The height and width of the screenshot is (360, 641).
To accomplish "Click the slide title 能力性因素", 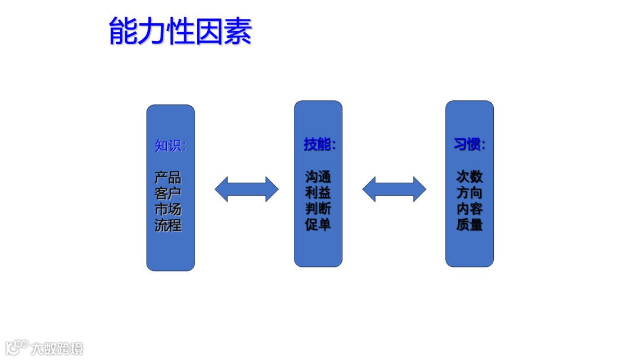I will tap(180, 31).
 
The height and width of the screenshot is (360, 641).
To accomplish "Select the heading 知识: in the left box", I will tap(170, 146).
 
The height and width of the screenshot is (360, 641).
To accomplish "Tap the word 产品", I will tap(168, 178).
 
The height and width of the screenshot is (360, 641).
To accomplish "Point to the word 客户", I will tap(168, 194).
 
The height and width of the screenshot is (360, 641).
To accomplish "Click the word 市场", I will tap(168, 210).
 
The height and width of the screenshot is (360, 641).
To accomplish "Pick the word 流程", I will tap(168, 226).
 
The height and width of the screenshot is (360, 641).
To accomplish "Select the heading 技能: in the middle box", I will tap(319, 145).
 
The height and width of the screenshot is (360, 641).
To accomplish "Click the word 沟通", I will tap(318, 177).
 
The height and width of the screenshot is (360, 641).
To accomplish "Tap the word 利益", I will tap(318, 193).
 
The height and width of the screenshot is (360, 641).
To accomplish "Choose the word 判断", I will tap(318, 209).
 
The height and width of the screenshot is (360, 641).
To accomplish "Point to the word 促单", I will tap(318, 225).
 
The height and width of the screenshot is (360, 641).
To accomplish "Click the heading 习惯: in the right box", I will tap(469, 145).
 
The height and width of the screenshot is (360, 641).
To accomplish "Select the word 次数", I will tap(469, 177).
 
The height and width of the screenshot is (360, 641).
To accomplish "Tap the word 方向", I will tap(469, 193).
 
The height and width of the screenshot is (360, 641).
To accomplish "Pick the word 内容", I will tap(469, 209).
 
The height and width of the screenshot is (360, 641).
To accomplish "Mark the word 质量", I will tap(469, 225).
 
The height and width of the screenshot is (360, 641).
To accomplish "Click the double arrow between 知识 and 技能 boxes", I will tap(246, 189).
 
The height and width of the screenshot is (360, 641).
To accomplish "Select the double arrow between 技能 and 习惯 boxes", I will tap(394, 189).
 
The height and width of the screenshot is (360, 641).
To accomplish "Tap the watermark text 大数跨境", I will tap(58, 348).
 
